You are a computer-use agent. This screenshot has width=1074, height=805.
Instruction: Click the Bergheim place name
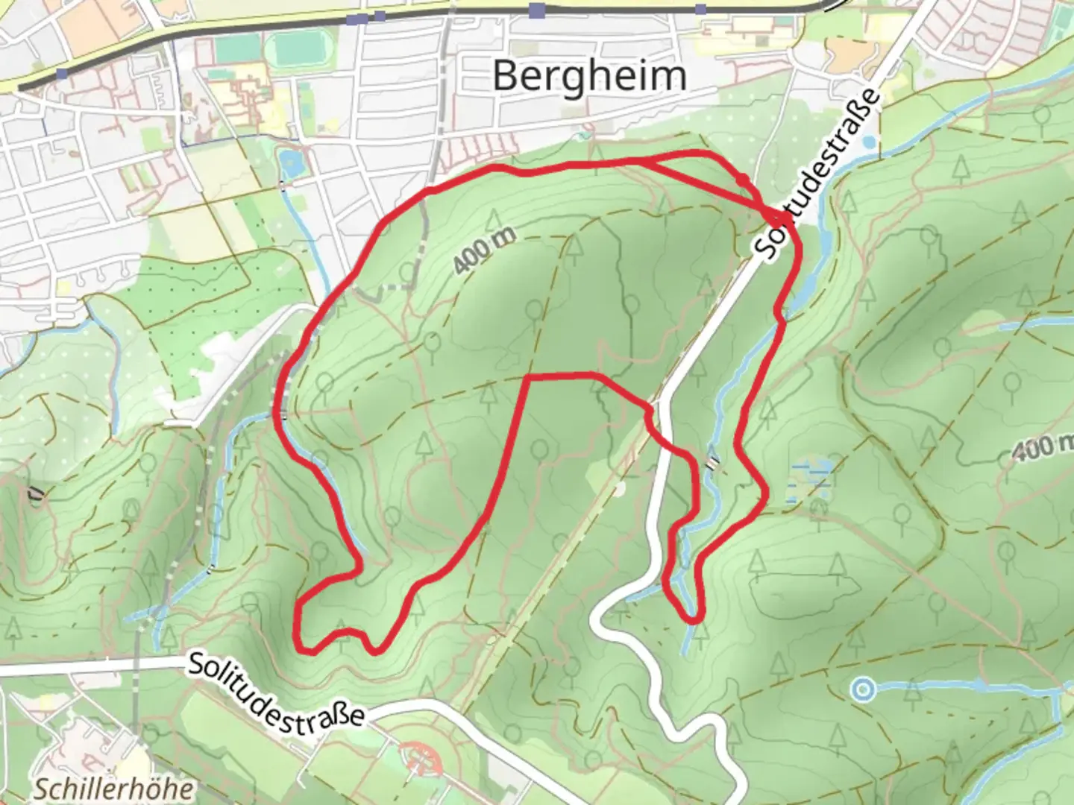[x=589, y=76]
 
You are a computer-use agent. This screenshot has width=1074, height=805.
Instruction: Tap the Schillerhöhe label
[x=114, y=789]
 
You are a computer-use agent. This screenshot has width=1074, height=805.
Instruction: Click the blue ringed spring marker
[x=862, y=690]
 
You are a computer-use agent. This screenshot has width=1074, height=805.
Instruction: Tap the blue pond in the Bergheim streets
[x=287, y=161]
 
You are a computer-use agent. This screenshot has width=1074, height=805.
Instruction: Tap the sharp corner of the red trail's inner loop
[x=528, y=378]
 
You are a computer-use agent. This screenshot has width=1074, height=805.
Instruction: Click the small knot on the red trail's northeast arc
[x=743, y=180]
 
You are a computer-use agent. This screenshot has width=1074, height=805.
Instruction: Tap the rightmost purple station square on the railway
[x=700, y=9]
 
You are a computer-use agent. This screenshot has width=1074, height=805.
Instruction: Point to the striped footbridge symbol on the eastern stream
[x=714, y=462]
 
